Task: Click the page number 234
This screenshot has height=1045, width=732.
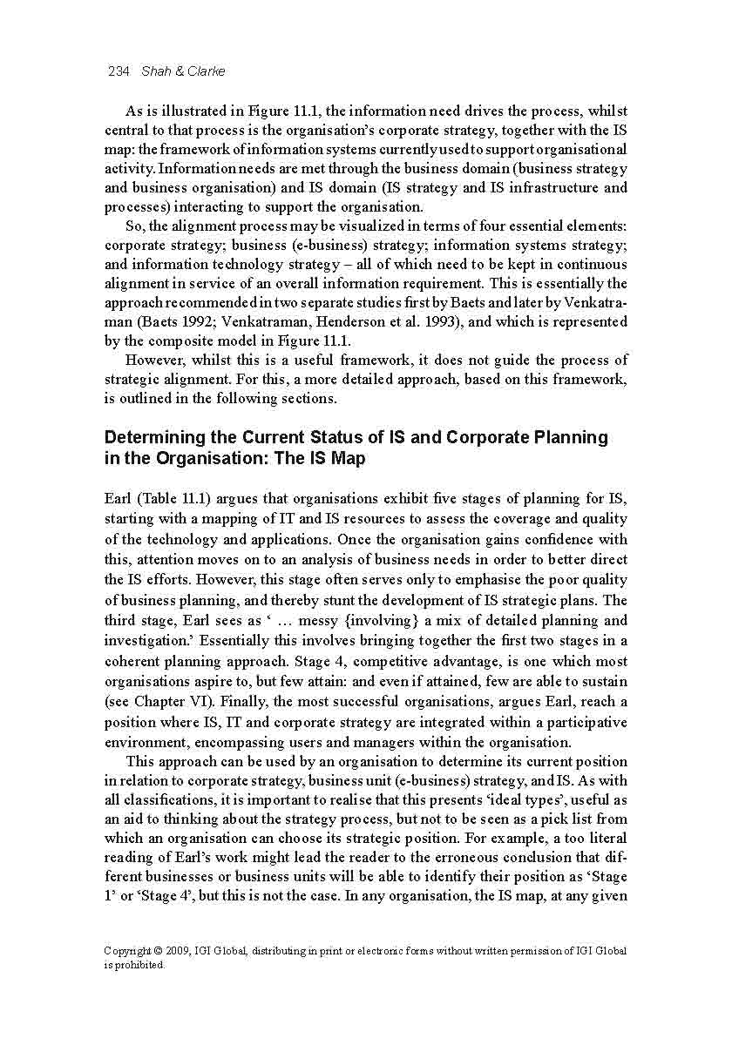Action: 118,71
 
